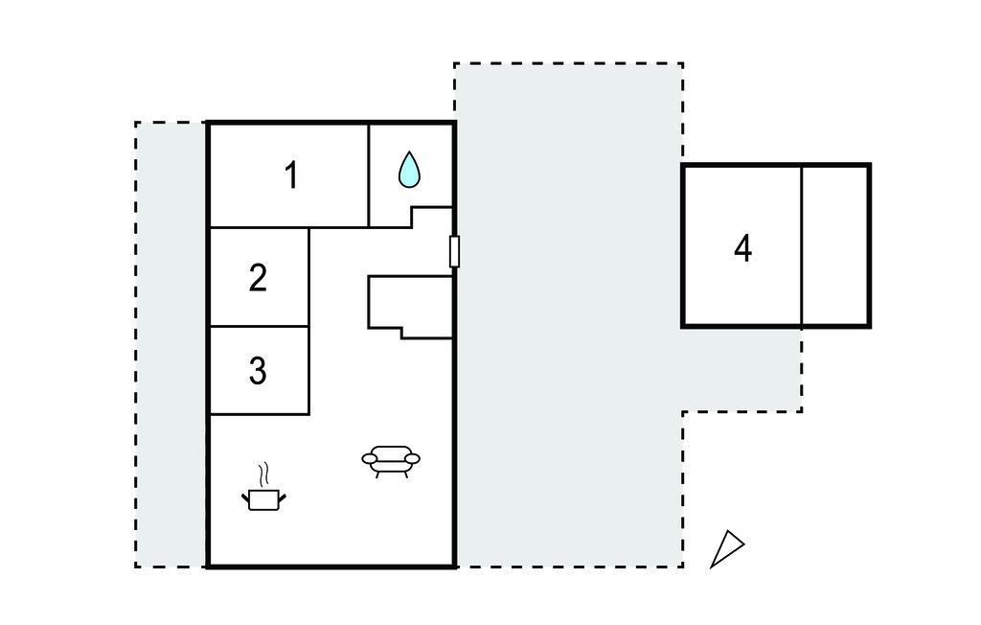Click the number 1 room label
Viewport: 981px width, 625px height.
[291, 175]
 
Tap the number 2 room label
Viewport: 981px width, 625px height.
[258, 278]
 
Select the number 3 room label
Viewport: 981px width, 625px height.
[258, 370]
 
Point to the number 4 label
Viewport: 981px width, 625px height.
[742, 248]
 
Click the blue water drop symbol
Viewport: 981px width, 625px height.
[409, 170]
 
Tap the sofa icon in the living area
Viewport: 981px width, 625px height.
[391, 460]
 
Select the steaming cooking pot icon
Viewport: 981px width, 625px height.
[263, 498]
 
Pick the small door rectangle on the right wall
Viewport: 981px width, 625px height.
[454, 251]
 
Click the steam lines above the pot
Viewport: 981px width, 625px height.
[263, 475]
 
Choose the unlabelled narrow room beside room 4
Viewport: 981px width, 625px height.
[835, 246]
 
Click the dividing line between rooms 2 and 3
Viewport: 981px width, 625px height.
[259, 326]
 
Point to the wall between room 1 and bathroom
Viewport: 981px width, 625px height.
[369, 175]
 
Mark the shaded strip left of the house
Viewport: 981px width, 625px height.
[171, 345]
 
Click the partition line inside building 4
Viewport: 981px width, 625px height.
[801, 246]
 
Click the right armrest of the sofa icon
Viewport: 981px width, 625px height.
[413, 459]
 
